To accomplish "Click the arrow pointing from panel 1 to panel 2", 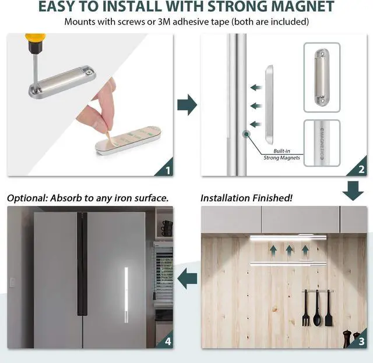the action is (x=187, y=105).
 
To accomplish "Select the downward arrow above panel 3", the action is (x=353, y=191).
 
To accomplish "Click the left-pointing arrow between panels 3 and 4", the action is (x=187, y=279).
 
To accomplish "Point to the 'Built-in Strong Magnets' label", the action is (x=281, y=154).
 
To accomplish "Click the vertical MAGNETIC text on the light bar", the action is (x=322, y=144).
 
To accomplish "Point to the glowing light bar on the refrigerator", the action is (x=126, y=295).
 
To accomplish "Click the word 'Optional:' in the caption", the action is (x=27, y=198).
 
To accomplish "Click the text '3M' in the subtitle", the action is (x=164, y=22).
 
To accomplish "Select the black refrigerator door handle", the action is (x=82, y=264).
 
